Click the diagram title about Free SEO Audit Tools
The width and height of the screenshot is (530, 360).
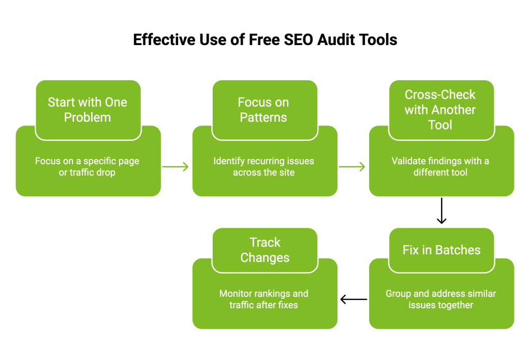coord(265,39)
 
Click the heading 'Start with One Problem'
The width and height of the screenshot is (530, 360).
coord(87,110)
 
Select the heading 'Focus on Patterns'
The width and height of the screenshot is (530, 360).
coord(263,110)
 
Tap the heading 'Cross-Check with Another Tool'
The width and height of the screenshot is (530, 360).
coord(440,110)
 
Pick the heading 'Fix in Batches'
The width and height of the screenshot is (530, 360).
coord(441,250)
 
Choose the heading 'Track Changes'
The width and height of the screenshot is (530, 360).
coord(265,250)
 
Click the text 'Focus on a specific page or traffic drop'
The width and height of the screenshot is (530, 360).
coord(87,167)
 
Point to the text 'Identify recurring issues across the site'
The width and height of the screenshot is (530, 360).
coord(263,167)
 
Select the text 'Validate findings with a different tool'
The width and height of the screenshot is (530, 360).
coord(440,167)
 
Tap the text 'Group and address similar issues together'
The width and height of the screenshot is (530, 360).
coord(441,299)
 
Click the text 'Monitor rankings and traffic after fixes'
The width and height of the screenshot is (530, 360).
coord(264,299)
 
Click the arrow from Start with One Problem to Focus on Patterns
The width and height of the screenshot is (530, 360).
coord(176,167)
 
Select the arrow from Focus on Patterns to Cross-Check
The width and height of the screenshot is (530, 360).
coord(352,167)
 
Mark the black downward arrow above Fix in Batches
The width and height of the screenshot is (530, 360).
coord(441,210)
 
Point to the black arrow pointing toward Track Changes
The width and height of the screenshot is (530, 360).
coord(354,299)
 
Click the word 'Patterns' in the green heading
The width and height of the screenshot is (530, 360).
coord(263,118)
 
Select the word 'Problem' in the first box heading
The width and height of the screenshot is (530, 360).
coord(87,118)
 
